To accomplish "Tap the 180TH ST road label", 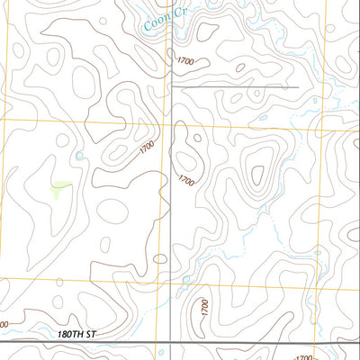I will pyautogui.click(x=75, y=334).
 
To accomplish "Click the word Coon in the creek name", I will pyautogui.click(x=155, y=24).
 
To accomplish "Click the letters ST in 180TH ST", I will pyautogui.click(x=89, y=334).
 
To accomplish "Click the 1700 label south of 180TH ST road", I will pyautogui.click(x=303, y=357).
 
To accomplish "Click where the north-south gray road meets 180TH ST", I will pyautogui.click(x=171, y=342).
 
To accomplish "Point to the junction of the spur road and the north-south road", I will pyautogui.click(x=171, y=87).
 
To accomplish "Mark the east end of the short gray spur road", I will pyautogui.click(x=297, y=87).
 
